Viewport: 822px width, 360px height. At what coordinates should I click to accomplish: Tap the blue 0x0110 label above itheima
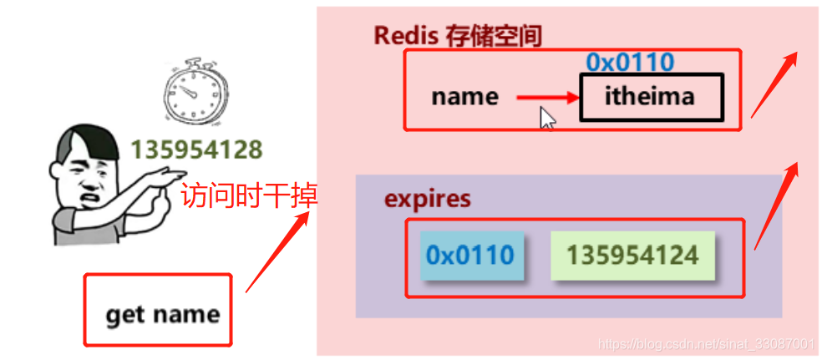click(x=629, y=62)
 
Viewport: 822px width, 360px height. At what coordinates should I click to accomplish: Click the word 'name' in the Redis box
click(x=464, y=97)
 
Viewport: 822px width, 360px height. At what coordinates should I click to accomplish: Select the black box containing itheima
click(x=649, y=97)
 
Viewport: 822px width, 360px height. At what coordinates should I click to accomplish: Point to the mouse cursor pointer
click(x=547, y=117)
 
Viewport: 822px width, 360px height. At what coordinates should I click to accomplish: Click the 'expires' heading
click(x=427, y=200)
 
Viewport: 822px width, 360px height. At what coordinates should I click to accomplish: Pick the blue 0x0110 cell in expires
click(x=471, y=255)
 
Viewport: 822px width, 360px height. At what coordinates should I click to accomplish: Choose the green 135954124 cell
click(x=632, y=255)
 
